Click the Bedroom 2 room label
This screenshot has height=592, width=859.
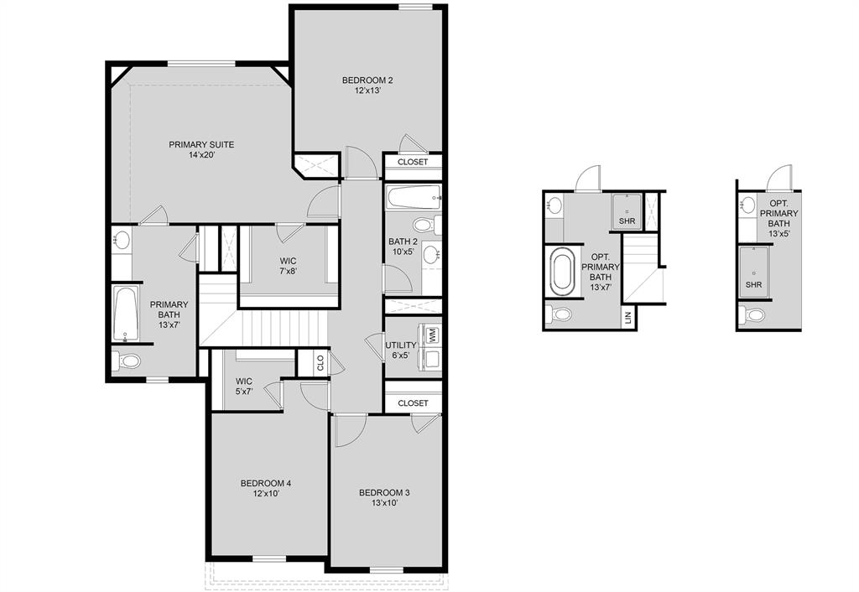pyautogui.click(x=367, y=86)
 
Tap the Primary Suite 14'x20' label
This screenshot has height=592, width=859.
pyautogui.click(x=201, y=150)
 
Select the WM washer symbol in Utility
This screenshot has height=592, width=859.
pyautogui.click(x=433, y=335)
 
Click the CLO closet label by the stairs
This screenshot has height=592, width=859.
pyautogui.click(x=320, y=363)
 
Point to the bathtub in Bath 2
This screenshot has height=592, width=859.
pyautogui.click(x=413, y=200)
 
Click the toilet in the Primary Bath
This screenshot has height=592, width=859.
pyautogui.click(x=128, y=361)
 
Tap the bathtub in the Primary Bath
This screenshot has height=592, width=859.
pyautogui.click(x=125, y=314)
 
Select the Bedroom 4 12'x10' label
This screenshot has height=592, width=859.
pyautogui.click(x=265, y=488)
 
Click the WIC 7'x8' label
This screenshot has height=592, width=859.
pyautogui.click(x=289, y=266)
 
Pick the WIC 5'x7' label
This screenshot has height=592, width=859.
pyautogui.click(x=244, y=387)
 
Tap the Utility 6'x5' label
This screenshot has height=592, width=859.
pyautogui.click(x=401, y=351)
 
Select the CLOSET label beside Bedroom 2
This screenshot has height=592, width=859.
pyautogui.click(x=413, y=162)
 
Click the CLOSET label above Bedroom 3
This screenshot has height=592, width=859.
pyautogui.click(x=413, y=403)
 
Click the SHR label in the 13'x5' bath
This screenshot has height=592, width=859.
pyautogui.click(x=753, y=285)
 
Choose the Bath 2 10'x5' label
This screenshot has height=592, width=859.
pyautogui.click(x=401, y=247)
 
